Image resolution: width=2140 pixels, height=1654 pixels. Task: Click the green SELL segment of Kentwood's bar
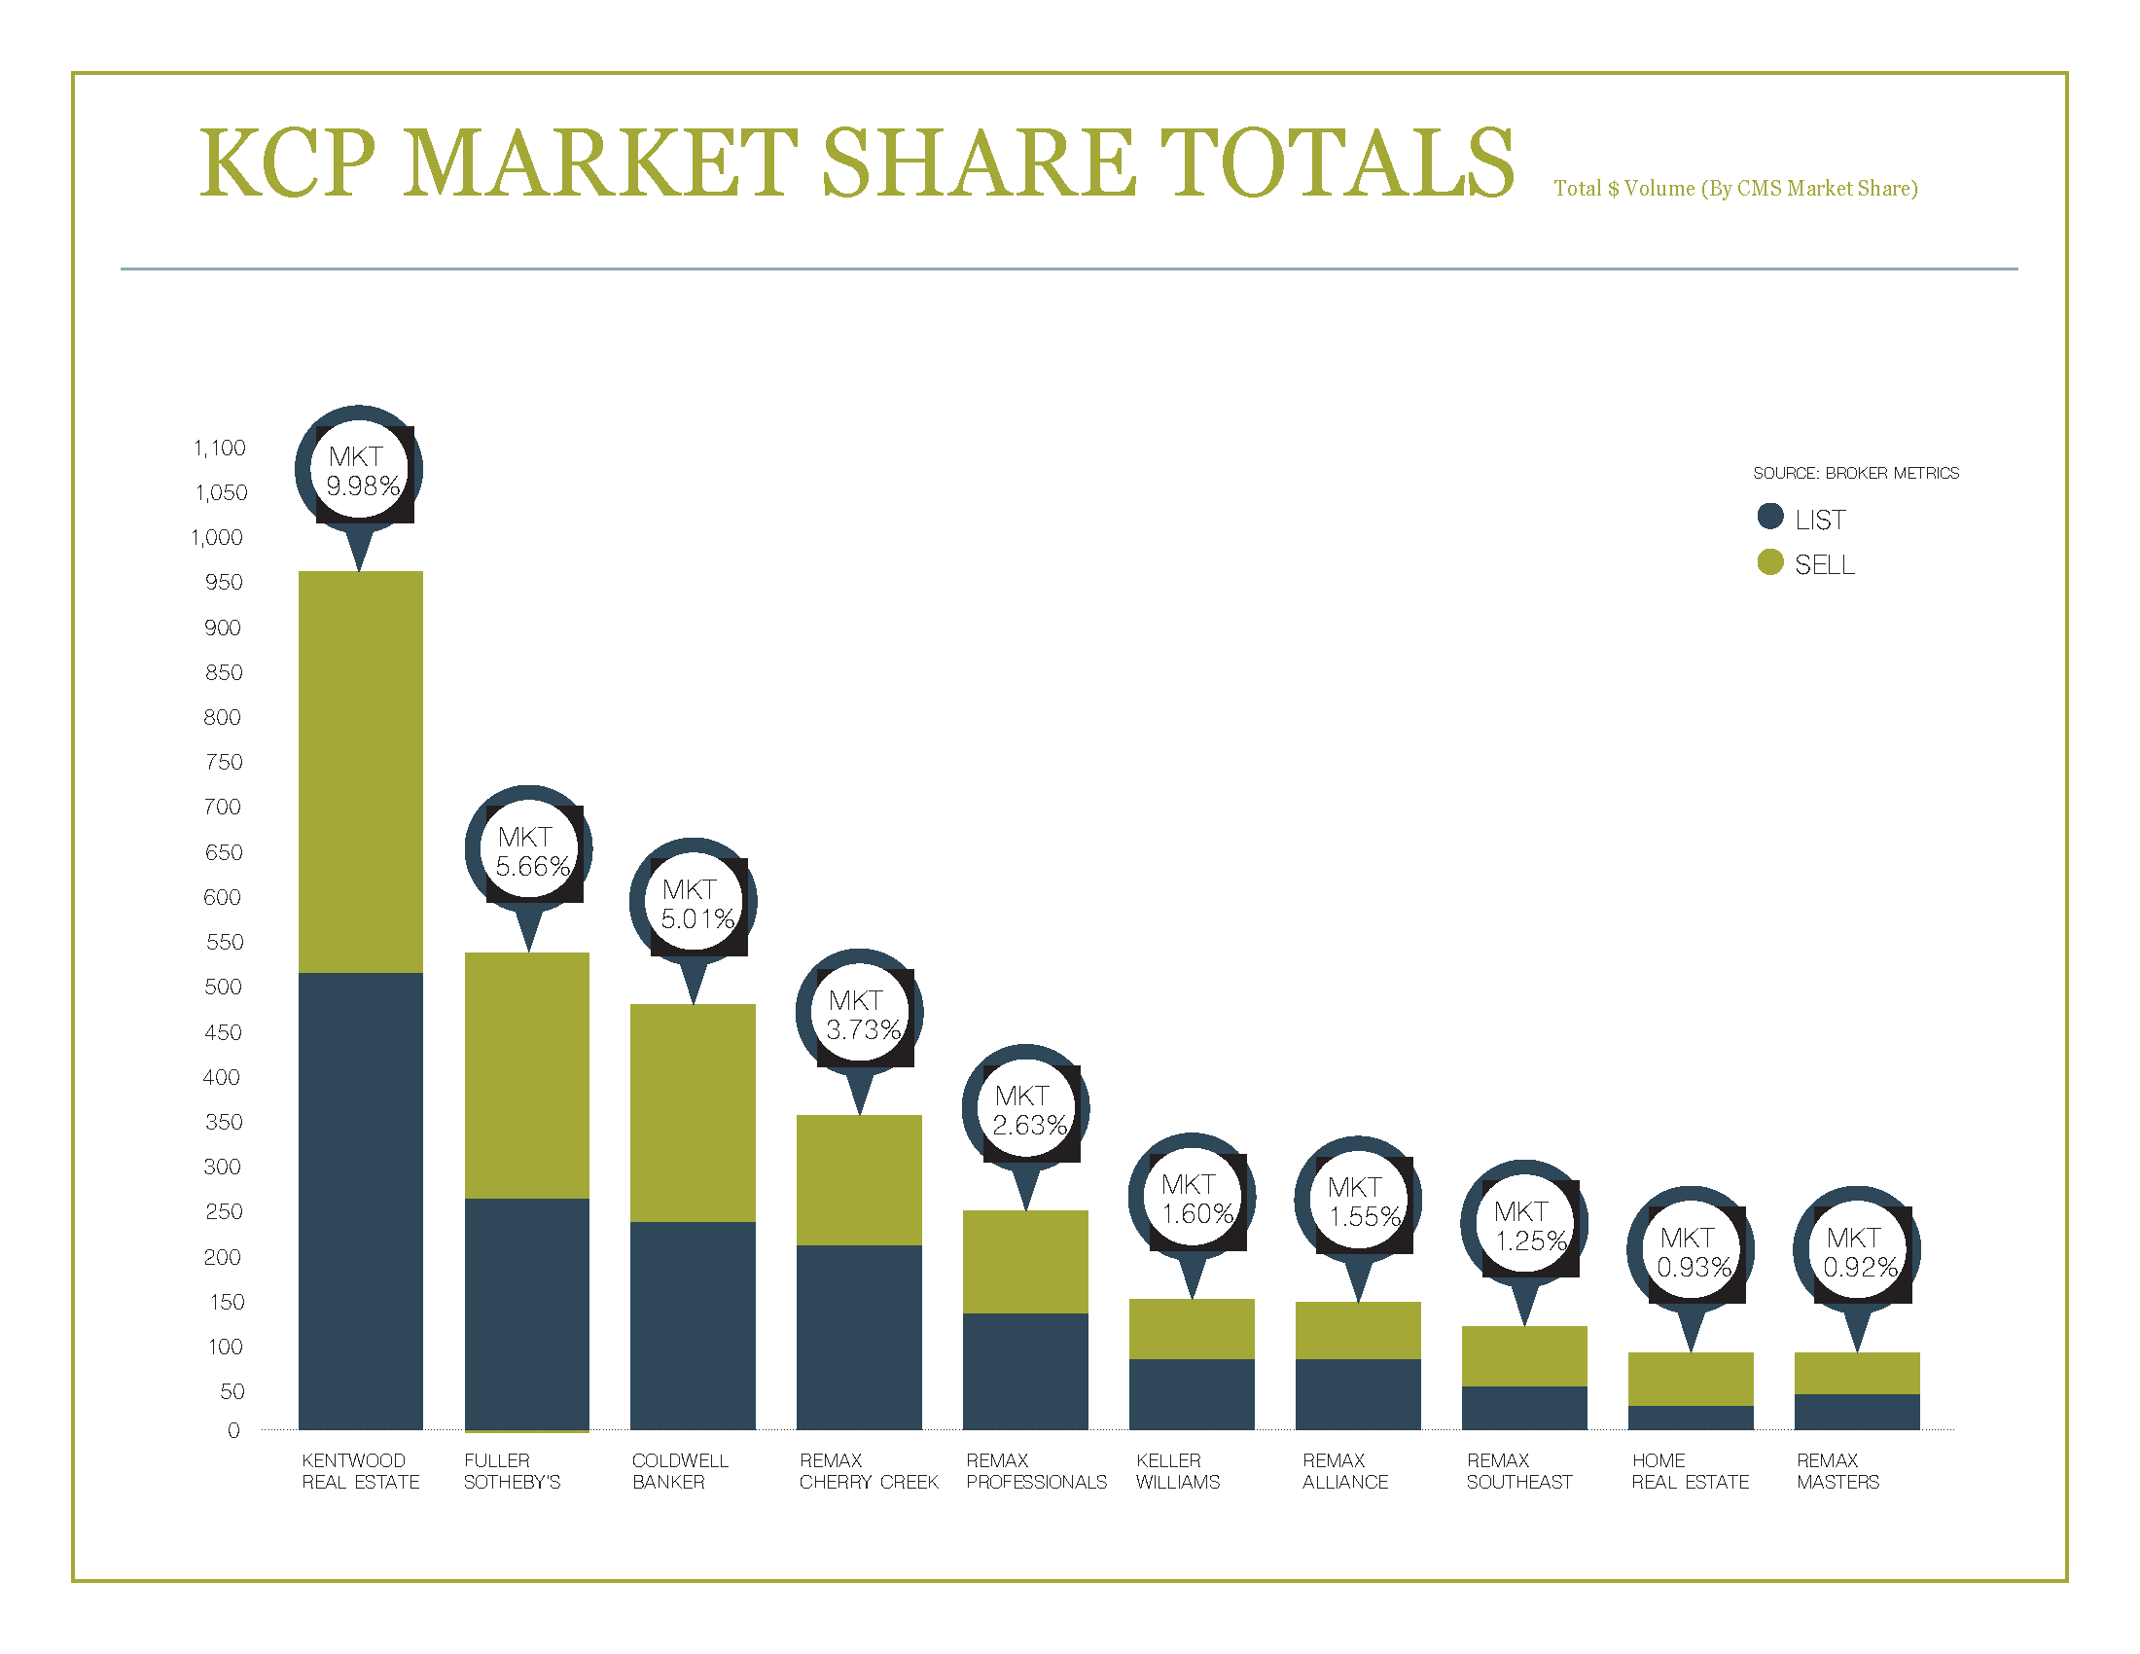(361, 772)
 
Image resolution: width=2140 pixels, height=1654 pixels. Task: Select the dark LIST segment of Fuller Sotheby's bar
(527, 1313)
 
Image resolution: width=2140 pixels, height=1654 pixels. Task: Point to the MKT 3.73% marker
(859, 1015)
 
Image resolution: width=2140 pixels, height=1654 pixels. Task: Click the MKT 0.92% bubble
(1857, 1252)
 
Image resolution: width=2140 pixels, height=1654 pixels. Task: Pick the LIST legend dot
(1769, 517)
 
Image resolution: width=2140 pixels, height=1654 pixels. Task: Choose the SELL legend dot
(1769, 562)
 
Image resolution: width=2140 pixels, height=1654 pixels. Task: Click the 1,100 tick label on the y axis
(220, 448)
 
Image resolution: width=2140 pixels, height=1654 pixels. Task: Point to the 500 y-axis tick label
(223, 987)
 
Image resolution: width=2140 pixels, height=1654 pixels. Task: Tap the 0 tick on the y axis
(233, 1430)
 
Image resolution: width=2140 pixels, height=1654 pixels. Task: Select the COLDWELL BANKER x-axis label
(680, 1471)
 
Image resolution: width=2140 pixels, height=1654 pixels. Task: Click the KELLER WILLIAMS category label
(1178, 1471)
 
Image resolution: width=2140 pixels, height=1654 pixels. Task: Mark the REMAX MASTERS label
(1838, 1471)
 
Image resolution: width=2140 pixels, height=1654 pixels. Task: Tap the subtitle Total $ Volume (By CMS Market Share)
(1735, 188)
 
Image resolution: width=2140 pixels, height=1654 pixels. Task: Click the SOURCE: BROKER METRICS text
(1856, 473)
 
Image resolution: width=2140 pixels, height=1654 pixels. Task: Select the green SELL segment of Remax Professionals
(1026, 1261)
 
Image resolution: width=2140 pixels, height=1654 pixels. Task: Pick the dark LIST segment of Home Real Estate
(1691, 1418)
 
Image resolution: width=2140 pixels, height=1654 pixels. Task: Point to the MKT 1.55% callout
(1358, 1203)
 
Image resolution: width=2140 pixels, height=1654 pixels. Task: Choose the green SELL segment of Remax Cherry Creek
(859, 1180)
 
